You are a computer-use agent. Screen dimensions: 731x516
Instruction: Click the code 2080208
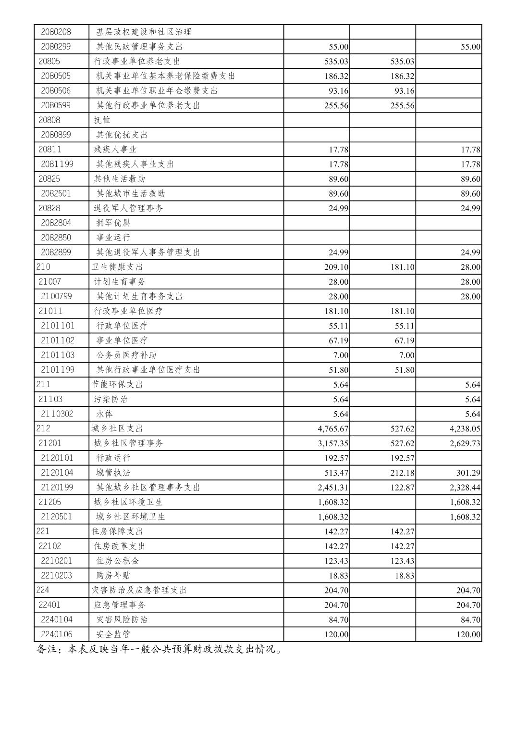click(56, 32)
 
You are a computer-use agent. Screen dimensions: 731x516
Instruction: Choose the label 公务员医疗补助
click(126, 355)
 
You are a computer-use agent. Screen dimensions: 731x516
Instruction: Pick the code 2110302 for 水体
click(57, 414)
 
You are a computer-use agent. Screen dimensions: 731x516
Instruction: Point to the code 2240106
click(57, 634)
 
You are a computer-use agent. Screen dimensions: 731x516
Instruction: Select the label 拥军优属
click(113, 223)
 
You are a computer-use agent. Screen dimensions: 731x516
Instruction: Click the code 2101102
click(58, 340)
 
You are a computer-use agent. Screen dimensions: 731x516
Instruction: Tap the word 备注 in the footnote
click(47, 649)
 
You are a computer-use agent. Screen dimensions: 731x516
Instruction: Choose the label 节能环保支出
click(117, 385)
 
